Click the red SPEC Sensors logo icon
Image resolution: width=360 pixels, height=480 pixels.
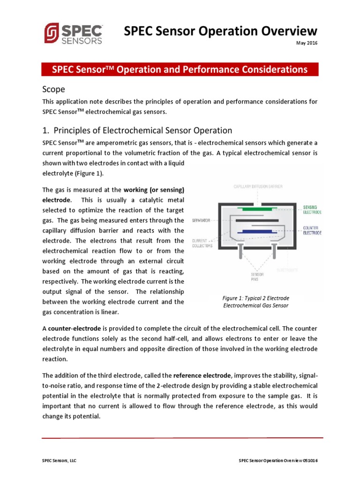click(x=52, y=33)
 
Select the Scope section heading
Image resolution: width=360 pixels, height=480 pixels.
click(x=53, y=89)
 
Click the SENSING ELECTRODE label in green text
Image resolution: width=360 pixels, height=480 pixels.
click(x=313, y=209)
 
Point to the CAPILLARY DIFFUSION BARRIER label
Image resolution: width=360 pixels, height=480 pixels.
click(x=258, y=187)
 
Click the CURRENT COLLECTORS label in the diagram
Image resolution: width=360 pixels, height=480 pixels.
click(x=202, y=243)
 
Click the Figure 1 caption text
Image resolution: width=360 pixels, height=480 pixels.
click(x=255, y=301)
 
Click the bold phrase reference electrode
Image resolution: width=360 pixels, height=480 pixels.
click(x=202, y=375)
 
